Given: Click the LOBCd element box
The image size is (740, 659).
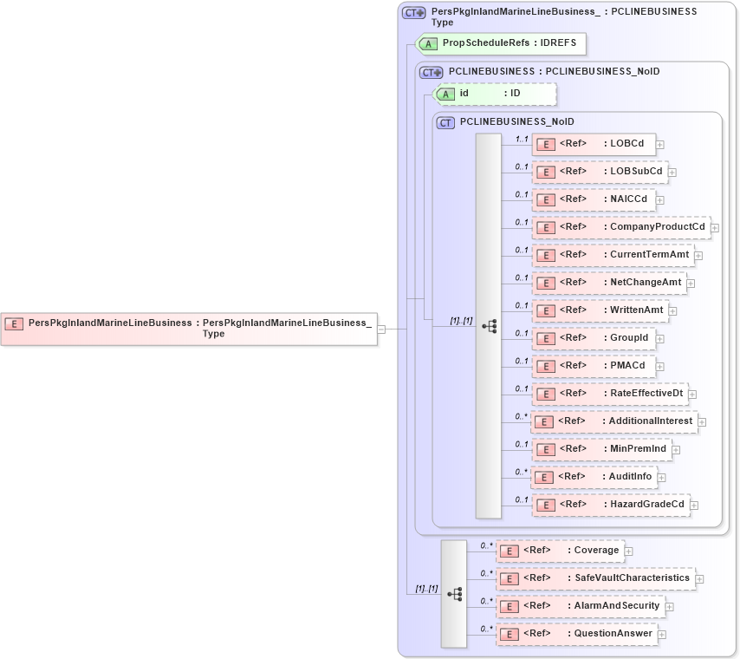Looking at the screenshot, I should [594, 144].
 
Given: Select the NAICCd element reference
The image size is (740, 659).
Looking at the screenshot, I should [594, 199].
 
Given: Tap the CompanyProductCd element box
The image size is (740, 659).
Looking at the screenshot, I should [620, 227].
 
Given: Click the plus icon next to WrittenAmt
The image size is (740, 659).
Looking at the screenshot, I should [672, 311].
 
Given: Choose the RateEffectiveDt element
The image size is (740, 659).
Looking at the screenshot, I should [610, 394].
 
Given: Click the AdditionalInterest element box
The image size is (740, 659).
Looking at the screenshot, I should [614, 421].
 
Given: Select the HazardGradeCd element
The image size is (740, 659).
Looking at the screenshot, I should [611, 505].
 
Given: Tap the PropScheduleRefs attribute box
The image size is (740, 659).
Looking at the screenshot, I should [501, 42].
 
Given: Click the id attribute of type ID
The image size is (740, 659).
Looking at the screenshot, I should [494, 93].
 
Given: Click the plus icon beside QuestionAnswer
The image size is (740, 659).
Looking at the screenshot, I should [662, 635].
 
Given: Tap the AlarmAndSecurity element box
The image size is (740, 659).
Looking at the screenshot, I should [580, 606].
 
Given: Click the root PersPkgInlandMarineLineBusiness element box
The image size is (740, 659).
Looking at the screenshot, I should [189, 328].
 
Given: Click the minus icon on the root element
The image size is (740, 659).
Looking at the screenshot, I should [381, 329].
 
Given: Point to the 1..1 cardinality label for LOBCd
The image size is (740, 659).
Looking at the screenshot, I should [522, 139].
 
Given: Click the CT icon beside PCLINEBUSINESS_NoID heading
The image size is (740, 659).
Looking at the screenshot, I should [445, 123].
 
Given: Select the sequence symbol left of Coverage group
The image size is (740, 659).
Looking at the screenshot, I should [454, 594].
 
